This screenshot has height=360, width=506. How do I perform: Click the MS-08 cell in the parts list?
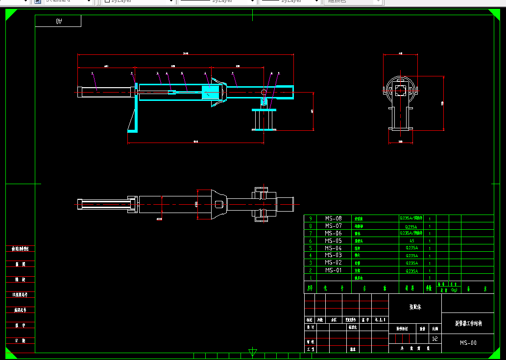(x=333, y=218)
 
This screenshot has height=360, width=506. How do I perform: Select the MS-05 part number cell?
(x=333, y=241)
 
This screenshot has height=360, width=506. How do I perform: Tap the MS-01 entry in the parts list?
(x=333, y=270)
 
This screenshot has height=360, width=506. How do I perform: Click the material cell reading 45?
(x=411, y=241)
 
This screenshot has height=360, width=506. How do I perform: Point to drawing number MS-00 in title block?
(x=468, y=343)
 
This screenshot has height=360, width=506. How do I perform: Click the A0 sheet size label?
(x=59, y=21)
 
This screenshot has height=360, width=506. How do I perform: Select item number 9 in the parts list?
(x=310, y=218)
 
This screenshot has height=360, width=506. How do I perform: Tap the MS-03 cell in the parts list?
(x=333, y=255)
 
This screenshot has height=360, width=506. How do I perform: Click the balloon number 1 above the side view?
(x=92, y=73)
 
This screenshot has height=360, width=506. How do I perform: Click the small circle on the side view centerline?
(x=264, y=92)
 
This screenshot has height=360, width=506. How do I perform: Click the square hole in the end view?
(x=401, y=90)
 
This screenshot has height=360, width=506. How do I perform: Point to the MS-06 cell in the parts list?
(x=333, y=234)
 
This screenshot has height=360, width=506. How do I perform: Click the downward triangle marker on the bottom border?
(x=253, y=352)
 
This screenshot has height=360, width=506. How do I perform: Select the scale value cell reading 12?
(x=434, y=338)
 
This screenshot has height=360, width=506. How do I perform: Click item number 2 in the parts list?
(x=310, y=270)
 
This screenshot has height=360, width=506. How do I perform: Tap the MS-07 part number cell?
(x=333, y=226)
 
